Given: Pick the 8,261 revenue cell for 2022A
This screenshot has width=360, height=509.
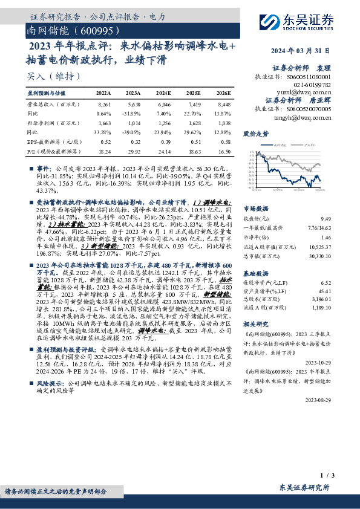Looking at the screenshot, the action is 104,105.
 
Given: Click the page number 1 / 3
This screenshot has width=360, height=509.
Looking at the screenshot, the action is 326,476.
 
